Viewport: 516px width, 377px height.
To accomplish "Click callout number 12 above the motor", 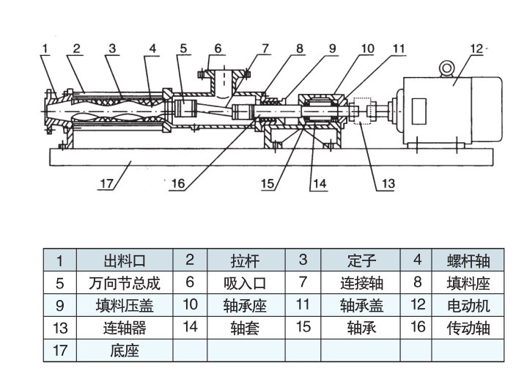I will (476, 48).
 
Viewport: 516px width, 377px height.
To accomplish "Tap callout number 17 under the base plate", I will (107, 183).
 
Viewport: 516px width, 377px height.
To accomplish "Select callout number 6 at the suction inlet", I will (218, 48).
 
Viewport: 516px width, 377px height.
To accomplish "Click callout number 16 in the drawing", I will (177, 183).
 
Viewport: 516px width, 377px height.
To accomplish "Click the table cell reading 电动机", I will (469, 305).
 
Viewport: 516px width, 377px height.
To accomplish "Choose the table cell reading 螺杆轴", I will (469, 260).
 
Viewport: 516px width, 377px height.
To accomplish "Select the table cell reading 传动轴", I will (469, 328).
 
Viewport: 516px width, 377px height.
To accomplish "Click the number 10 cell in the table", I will (191, 305).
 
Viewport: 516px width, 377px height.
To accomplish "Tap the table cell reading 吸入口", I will (245, 283).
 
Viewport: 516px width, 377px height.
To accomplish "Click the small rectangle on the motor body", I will (420, 111).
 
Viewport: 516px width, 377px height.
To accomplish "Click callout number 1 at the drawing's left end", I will (45, 48).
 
